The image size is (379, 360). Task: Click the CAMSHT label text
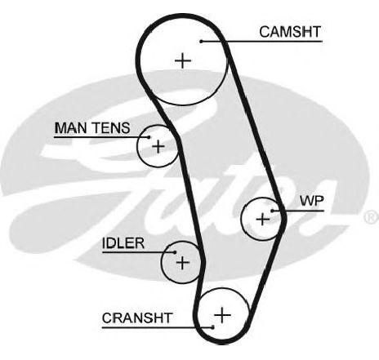(290, 32)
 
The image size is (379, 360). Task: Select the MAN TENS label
(92, 128)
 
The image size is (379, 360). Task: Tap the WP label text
(312, 201)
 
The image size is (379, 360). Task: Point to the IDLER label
(123, 243)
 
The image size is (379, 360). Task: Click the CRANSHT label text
(137, 318)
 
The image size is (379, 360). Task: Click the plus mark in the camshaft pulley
(183, 60)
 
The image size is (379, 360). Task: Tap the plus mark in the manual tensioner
(158, 147)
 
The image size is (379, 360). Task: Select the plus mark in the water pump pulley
(263, 219)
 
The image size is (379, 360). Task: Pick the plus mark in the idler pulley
(183, 263)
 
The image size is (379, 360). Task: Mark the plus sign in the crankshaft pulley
(222, 315)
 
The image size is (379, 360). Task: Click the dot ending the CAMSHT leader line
(201, 42)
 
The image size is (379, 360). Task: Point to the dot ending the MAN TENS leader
(149, 137)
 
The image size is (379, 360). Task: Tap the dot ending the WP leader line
(272, 211)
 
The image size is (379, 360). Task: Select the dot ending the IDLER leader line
(175, 252)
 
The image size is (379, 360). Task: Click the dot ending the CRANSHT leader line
(212, 327)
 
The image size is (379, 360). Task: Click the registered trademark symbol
(372, 217)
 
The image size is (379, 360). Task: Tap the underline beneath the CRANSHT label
(158, 327)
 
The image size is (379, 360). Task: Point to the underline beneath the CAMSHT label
(262, 42)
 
